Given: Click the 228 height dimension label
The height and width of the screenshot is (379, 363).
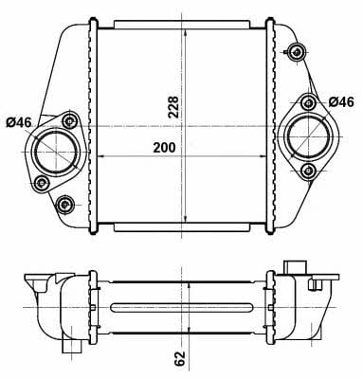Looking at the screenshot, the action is click(173, 107).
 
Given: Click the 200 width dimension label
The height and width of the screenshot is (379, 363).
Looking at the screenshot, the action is click(164, 147).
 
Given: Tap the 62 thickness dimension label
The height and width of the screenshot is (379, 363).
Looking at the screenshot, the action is click(179, 358).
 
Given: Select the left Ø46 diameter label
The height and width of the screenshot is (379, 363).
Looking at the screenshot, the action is click(19, 122).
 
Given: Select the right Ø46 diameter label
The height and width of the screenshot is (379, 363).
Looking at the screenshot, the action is click(341, 101).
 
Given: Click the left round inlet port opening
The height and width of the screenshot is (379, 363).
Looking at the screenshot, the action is click(56, 152).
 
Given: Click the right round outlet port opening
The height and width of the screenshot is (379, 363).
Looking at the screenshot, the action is click(308, 137).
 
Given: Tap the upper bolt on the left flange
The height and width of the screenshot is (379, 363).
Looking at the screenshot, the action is click(69, 120).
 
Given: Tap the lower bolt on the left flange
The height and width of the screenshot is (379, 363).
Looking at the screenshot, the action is click(42, 182).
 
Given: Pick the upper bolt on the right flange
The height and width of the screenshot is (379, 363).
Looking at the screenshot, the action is click(308, 103).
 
